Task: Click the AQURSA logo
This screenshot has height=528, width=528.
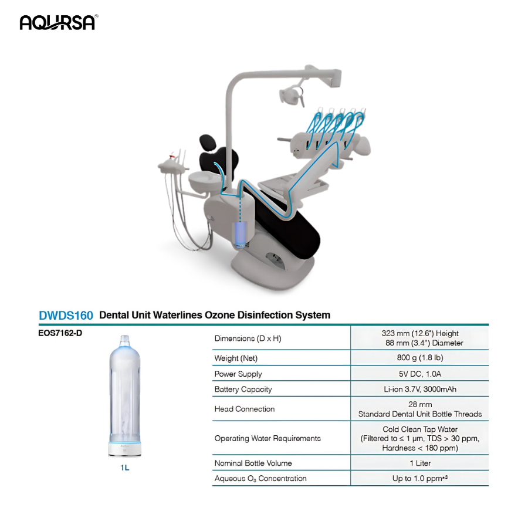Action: click(58, 22)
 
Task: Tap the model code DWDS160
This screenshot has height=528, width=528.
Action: click(66, 316)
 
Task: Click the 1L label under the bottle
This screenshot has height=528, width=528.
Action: click(125, 468)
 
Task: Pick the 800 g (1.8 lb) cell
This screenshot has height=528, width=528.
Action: click(419, 358)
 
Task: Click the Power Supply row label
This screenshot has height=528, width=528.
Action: click(238, 374)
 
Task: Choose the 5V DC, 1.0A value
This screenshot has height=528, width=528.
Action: click(419, 374)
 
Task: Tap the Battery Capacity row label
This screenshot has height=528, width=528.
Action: click(243, 389)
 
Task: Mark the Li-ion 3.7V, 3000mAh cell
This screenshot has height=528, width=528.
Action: click(419, 389)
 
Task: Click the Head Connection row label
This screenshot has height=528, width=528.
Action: click(244, 409)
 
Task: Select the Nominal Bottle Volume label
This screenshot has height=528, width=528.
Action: click(253, 463)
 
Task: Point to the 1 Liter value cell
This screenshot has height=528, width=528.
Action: click(419, 463)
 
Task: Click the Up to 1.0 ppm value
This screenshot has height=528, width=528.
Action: click(419, 479)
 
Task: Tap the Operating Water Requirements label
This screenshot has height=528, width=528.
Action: click(268, 438)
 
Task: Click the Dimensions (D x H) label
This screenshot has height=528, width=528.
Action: click(248, 339)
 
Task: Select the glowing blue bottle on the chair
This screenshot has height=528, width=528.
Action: click(239, 233)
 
